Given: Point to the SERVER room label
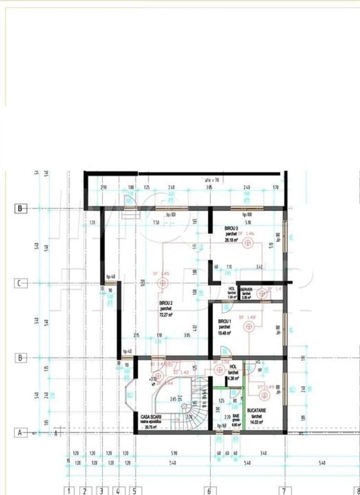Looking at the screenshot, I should coord(246,289).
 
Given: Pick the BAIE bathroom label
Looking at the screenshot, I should coord(236,416).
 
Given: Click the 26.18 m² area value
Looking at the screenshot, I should coord(231,240).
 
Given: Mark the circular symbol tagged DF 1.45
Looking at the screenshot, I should coord(162,283).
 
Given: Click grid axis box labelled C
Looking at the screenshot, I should coord(20,283).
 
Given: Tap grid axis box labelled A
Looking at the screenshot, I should coord(20,433).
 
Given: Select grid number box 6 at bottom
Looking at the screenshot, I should coord(209,491).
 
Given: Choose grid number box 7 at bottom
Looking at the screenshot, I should coord(285,491).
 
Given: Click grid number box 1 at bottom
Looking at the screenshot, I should coord(69,491).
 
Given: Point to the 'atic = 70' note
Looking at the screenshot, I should coord(211,180).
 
